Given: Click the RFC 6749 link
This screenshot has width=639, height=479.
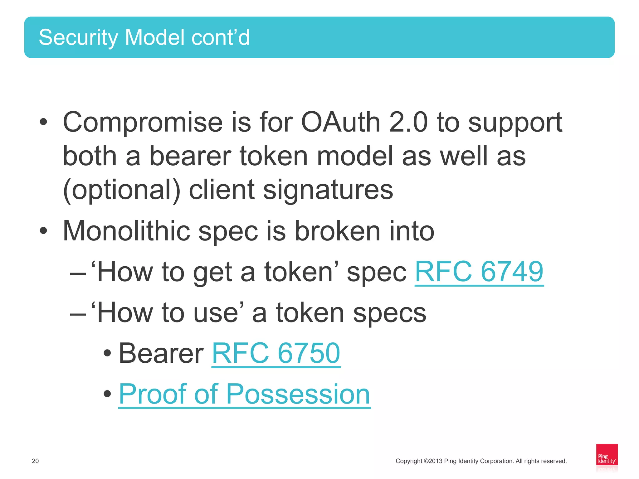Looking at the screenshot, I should pos(479,272).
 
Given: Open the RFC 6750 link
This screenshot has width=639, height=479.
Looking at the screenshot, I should pos(276,354).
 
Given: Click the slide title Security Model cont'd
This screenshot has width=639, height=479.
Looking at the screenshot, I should pos(144,37).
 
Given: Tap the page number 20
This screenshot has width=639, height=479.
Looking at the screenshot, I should pos(35,461).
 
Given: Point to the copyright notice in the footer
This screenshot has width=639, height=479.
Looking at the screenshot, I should pos(481,461).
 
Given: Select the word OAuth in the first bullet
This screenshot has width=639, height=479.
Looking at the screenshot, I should pos(340,122).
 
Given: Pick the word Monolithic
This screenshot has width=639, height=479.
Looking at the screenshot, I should pos(126,231).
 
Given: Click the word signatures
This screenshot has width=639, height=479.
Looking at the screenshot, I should pos(328,190).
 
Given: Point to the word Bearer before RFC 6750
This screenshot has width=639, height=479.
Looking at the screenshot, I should pos(161,354).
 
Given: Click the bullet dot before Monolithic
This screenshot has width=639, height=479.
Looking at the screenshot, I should pos(43,231).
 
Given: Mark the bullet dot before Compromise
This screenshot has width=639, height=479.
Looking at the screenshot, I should pos(43,122).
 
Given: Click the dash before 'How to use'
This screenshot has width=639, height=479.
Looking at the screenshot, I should pos(78,313).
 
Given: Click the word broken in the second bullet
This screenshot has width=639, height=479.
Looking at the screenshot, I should pos(337,231).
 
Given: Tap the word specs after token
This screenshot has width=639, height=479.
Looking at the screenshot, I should pos(389,313).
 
